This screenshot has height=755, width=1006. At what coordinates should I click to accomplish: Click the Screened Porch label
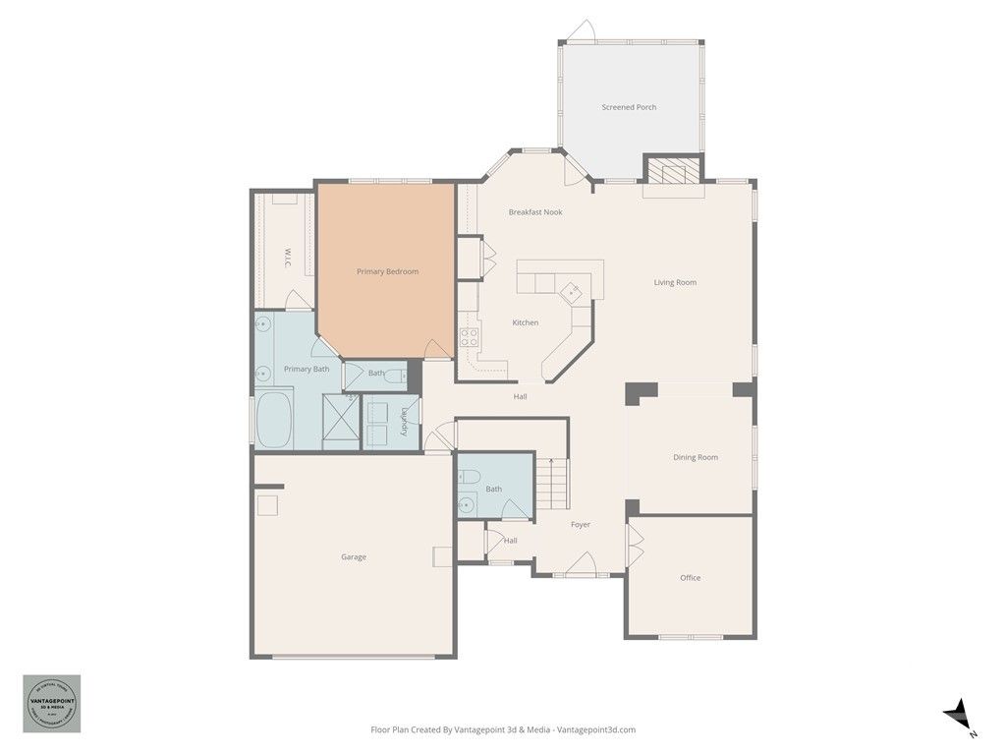click(629, 107)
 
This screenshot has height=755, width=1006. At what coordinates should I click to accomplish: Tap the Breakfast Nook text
click(535, 212)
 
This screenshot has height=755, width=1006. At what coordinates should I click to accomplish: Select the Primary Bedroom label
click(387, 271)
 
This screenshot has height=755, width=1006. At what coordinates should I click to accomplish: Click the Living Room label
click(675, 283)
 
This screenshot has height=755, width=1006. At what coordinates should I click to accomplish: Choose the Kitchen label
click(525, 322)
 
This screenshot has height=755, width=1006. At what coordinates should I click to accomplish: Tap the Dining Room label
click(695, 457)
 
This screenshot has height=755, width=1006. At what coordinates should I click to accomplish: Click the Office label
click(691, 578)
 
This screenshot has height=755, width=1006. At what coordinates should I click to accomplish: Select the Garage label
click(354, 557)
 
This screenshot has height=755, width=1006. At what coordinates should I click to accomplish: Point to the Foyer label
click(581, 525)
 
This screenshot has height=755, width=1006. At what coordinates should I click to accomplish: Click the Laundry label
click(403, 422)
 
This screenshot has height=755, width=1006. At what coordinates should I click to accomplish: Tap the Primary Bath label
click(307, 369)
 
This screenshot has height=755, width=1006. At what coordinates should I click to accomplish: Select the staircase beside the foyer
click(552, 484)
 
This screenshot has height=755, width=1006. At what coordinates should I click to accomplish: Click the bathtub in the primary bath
click(274, 420)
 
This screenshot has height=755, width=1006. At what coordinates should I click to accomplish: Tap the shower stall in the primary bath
click(341, 420)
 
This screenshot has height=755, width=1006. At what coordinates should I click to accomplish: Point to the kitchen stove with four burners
click(470, 338)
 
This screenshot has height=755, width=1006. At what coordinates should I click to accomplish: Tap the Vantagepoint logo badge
click(52, 704)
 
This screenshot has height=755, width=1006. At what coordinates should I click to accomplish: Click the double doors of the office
click(634, 542)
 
